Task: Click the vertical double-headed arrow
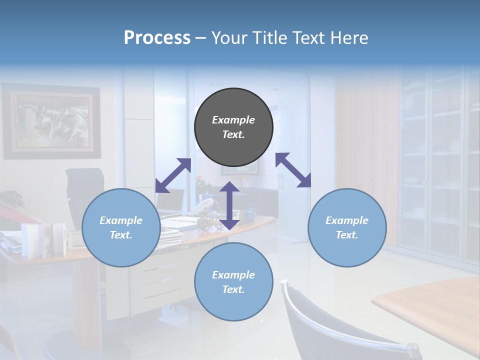229,205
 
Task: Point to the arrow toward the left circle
173,175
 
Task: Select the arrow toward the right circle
293,170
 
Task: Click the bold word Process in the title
157,37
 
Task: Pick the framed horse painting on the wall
51,121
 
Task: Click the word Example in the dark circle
233,120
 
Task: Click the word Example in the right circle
347,220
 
